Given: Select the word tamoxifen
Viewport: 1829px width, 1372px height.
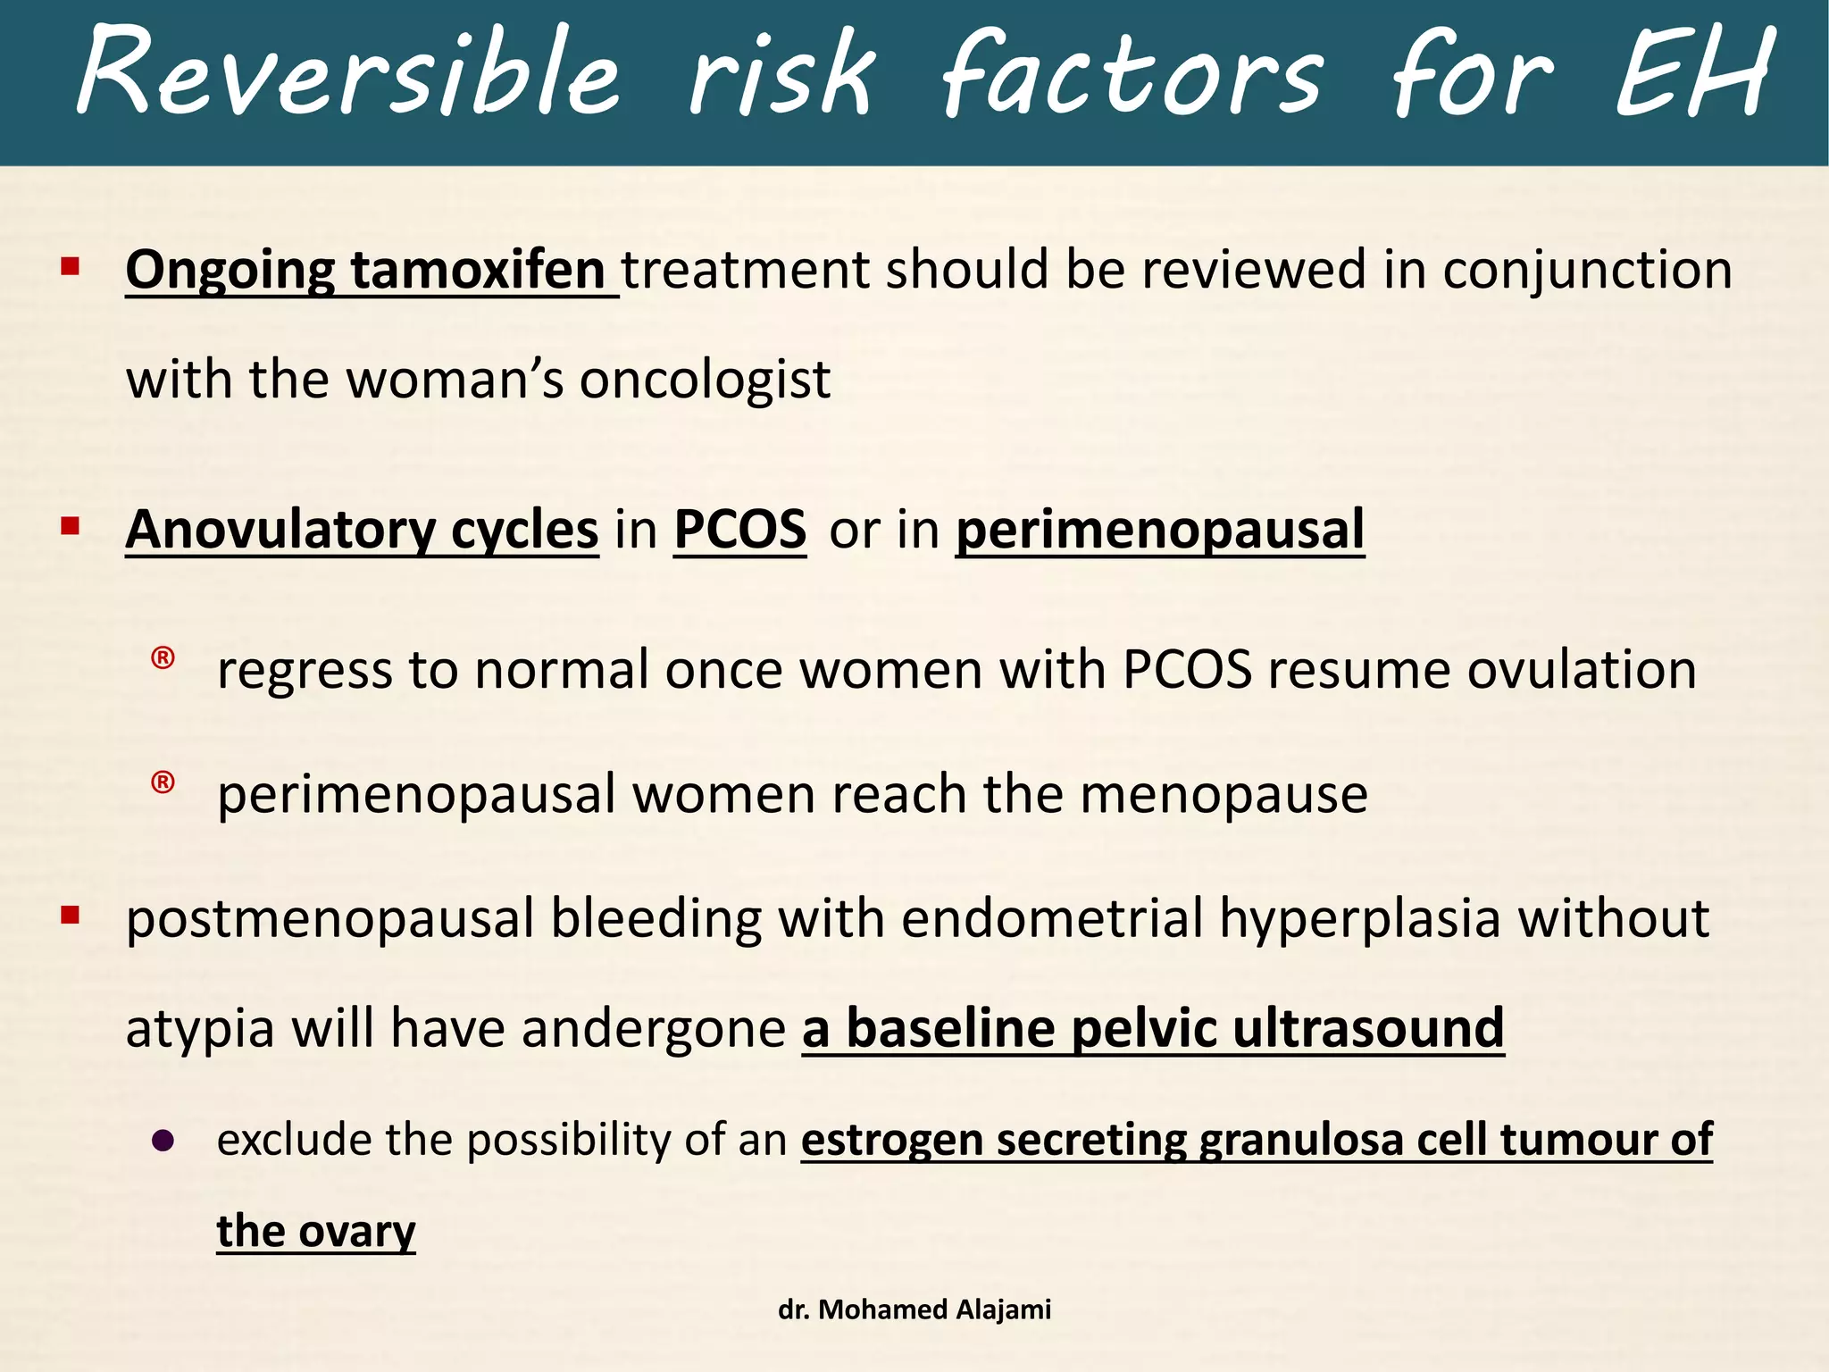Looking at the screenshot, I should [x=478, y=270].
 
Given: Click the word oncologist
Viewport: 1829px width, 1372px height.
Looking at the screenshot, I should [x=705, y=381].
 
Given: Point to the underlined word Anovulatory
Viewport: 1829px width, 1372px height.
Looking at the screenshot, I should [x=280, y=530].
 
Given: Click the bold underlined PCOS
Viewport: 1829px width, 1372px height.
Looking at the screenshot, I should [x=739, y=530].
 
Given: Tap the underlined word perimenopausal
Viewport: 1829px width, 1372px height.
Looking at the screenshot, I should [x=1159, y=530].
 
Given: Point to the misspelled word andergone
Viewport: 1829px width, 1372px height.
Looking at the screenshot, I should [x=653, y=1028].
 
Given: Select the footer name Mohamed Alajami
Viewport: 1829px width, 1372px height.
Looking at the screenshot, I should [x=934, y=1309].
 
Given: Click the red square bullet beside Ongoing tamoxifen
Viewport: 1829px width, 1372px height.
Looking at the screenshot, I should [x=71, y=266].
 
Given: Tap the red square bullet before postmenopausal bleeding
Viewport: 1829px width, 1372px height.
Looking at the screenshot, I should [x=71, y=915].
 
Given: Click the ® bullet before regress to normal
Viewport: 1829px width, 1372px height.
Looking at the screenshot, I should [x=163, y=659].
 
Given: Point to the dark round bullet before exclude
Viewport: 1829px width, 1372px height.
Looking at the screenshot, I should [x=163, y=1141].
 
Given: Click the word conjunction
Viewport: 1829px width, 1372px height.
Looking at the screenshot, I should [x=1587, y=270].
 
